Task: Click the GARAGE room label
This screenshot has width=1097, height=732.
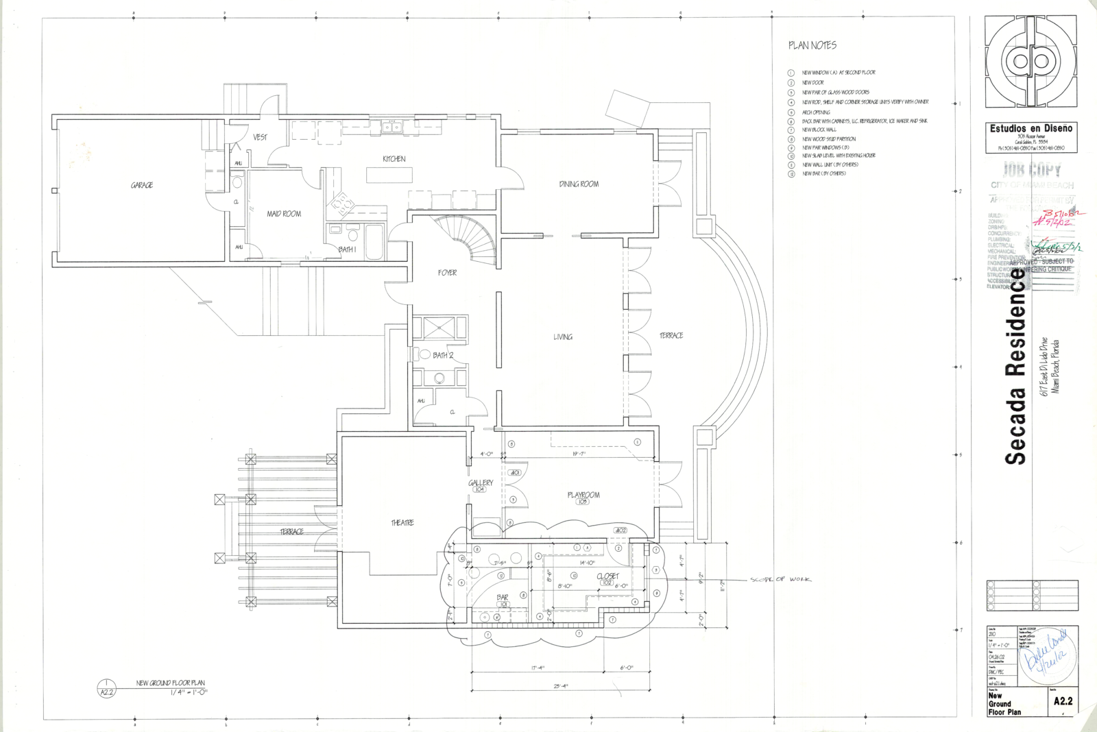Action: click(142, 185)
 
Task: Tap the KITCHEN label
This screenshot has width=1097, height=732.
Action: click(394, 159)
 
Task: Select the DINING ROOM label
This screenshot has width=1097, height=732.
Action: click(579, 184)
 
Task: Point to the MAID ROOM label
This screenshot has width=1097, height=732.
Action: click(284, 214)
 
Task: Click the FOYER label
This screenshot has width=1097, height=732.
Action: click(447, 273)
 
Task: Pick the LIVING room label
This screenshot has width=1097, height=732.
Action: click(563, 337)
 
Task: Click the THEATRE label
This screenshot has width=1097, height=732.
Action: click(402, 523)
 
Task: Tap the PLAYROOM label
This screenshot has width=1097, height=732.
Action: click(583, 495)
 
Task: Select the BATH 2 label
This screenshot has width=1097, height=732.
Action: click(443, 355)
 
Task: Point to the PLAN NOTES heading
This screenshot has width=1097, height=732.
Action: click(812, 45)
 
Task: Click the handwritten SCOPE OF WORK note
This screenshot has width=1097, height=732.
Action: click(780, 580)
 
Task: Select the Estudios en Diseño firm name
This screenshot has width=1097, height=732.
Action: click(1030, 128)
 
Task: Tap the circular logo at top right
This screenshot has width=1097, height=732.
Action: click(1030, 62)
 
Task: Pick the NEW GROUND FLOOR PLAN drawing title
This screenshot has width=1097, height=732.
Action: click(170, 683)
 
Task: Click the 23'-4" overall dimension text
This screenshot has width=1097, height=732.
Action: click(560, 685)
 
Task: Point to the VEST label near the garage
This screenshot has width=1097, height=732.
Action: click(260, 137)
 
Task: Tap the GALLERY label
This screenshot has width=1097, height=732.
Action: click(481, 483)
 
